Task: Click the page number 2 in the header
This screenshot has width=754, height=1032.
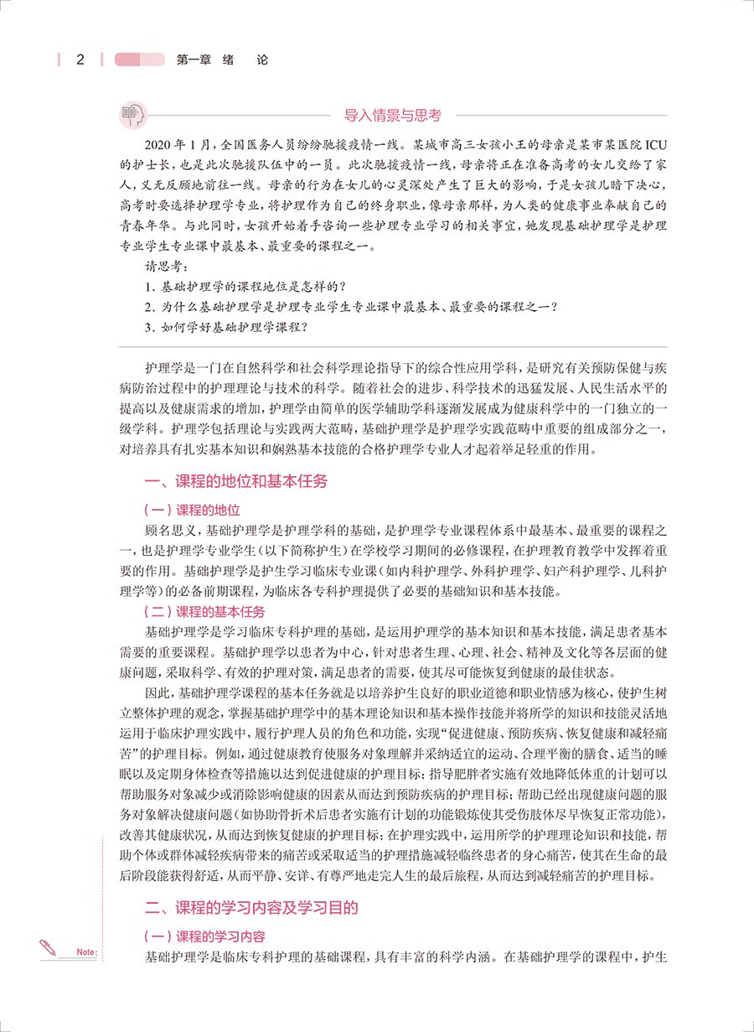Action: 80,60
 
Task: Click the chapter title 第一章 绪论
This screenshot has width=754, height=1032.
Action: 222,60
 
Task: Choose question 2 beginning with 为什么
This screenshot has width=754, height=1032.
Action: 351,308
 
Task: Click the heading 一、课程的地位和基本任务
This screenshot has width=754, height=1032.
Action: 236,482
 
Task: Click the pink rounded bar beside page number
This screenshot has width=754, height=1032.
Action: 140,60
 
